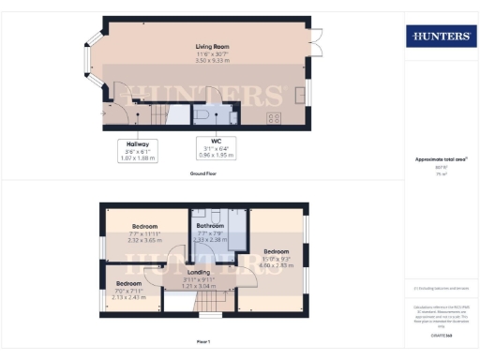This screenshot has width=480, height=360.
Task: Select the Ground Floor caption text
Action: pos(205,175)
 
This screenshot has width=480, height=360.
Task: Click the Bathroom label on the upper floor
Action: pos(209,226)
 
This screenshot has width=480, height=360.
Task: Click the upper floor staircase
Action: pos(207,303)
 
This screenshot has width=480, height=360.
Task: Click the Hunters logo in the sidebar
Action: pos(438,37)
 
